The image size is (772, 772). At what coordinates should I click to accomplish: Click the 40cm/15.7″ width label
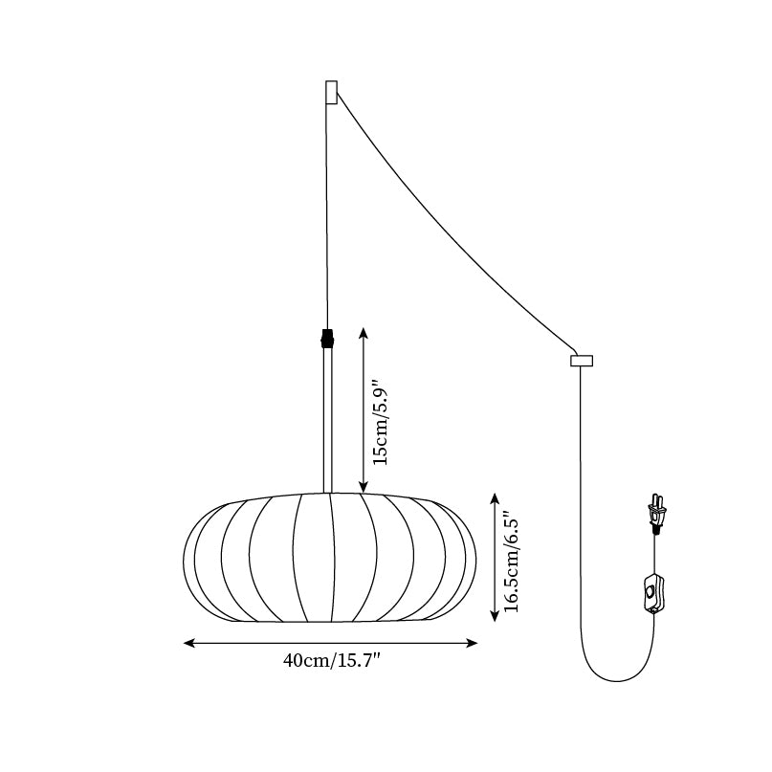tap(331, 660)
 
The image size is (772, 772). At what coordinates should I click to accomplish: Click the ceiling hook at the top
tap(331, 92)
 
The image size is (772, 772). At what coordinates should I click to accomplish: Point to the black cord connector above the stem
tap(328, 339)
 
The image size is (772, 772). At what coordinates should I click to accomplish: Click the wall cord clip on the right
tap(582, 361)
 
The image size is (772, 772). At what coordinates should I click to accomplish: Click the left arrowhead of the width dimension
tap(187, 644)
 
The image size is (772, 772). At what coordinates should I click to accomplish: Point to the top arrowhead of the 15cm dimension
tap(363, 331)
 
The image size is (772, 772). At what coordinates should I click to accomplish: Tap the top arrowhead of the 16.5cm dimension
tap(494, 496)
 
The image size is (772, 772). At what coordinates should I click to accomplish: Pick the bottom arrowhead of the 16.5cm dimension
tap(494, 617)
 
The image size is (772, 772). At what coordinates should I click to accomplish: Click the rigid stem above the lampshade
tap(328, 421)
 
